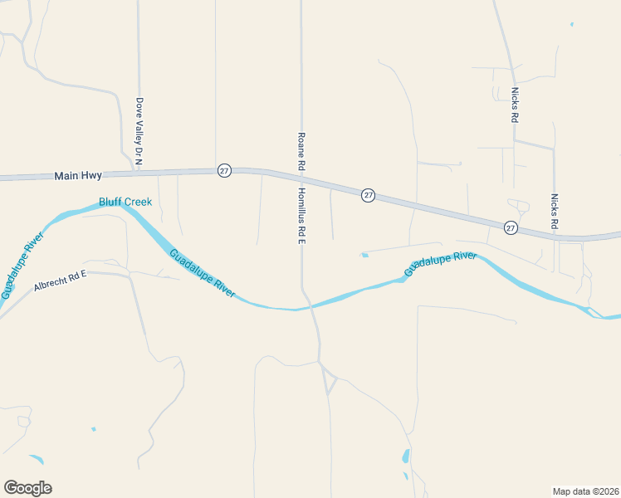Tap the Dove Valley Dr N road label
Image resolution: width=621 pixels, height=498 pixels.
point(139,130)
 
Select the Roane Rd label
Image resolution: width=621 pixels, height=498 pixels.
point(301,152)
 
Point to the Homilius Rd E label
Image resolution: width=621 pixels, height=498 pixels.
point(302,215)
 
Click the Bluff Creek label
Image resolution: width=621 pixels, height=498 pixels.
point(125,202)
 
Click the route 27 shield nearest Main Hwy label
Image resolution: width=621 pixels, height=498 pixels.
point(224,170)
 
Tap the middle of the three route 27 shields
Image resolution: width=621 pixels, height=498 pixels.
point(369,195)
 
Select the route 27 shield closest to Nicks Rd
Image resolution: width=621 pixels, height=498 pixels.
point(511,227)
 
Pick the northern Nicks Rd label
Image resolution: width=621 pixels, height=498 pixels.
point(515,105)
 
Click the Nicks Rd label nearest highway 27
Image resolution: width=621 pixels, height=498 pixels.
point(555,212)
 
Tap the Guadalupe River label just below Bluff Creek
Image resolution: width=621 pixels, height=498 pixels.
point(202,273)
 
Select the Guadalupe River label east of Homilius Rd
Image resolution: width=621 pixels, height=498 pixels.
point(440,264)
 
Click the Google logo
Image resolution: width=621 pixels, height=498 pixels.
point(27,488)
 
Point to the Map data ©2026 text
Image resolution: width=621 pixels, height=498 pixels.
point(585,491)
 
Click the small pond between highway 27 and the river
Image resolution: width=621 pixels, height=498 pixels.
point(364,255)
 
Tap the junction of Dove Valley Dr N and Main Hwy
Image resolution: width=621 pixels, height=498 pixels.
point(138,173)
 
